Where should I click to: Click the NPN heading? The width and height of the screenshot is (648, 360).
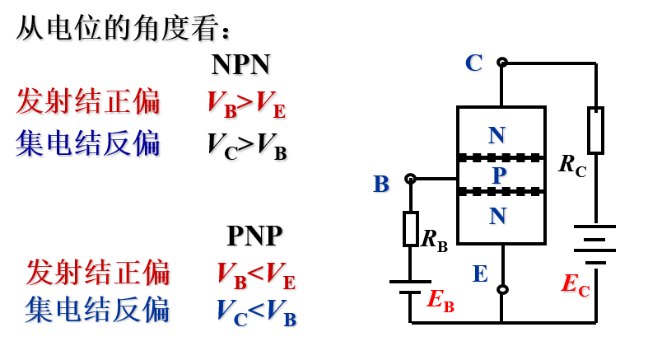point(240,64)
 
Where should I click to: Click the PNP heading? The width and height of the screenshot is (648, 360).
point(254,236)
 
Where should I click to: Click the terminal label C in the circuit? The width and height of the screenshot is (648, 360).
point(473,63)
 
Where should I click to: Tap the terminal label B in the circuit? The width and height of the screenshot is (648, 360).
point(380,184)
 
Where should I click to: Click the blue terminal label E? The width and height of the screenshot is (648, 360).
point(480,274)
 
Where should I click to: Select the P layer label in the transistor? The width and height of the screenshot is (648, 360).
point(499,175)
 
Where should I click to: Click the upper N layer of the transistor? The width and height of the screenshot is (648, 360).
point(496,134)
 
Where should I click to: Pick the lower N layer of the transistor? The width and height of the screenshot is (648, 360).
point(497,216)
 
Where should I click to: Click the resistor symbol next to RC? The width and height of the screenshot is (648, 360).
point(595,130)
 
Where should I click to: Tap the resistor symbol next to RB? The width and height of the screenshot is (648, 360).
point(410,228)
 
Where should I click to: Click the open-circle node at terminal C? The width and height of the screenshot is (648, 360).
point(501,62)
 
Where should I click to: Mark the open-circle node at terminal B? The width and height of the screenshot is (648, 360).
point(410,178)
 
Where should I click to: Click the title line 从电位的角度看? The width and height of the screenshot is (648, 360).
point(124,29)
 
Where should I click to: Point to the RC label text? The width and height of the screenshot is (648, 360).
point(572,164)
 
